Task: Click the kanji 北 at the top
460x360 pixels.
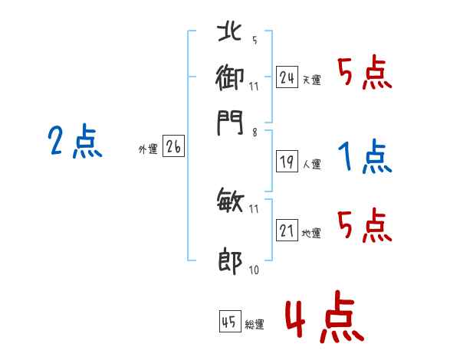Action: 230,31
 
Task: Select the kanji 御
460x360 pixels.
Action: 230,77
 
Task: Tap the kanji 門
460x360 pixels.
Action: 230,123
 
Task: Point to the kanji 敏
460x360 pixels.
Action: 230,202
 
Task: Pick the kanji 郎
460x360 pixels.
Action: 230,262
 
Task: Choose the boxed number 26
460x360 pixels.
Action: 173,148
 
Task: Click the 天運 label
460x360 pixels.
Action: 311,80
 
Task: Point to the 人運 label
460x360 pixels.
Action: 311,164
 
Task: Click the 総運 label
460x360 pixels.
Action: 255,324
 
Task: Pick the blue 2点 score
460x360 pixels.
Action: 74,142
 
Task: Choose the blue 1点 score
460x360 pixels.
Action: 363,157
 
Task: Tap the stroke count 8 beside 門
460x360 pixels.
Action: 254,132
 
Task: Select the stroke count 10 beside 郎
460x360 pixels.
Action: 255,270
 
